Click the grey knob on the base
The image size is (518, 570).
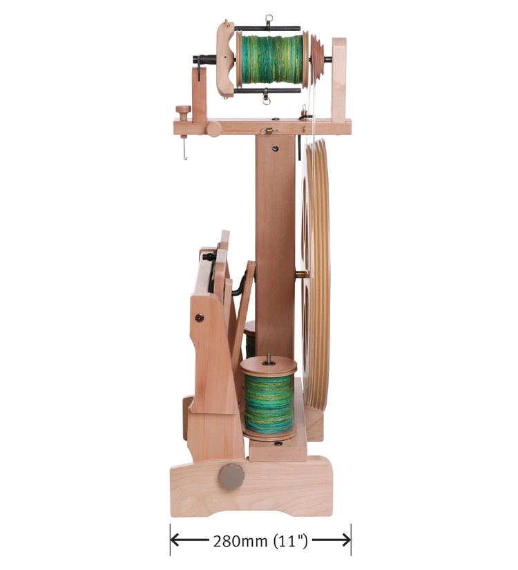[x=231, y=477]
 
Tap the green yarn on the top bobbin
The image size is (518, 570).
[x=271, y=59]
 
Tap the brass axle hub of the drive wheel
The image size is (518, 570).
[x=301, y=274]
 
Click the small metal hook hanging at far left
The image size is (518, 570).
[x=184, y=150]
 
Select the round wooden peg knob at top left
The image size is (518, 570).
[x=183, y=109]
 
